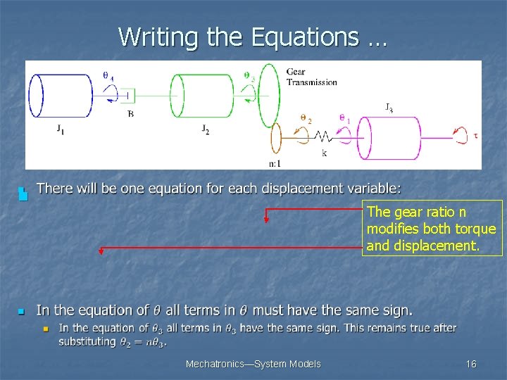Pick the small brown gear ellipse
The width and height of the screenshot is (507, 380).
coord(275,137)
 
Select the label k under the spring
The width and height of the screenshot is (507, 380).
coord(324,153)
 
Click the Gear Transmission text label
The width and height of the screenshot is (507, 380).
coord(311,77)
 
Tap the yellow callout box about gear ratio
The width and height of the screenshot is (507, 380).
coord(432,228)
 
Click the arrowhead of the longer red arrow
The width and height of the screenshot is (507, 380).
coord(101,250)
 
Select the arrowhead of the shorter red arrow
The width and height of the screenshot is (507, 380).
coord(266,220)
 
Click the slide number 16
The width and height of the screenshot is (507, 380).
coord(471,364)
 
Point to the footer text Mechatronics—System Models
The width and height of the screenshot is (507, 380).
coord(253,364)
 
